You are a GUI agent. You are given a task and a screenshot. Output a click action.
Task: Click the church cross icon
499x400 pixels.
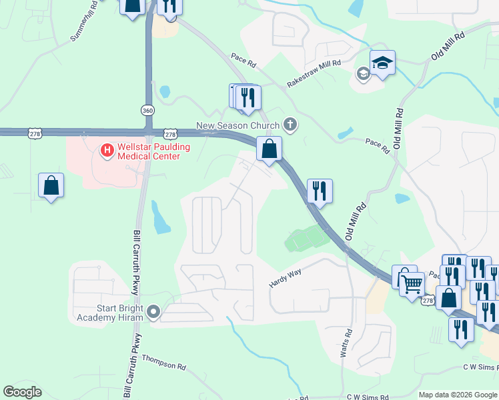(x=290, y=124)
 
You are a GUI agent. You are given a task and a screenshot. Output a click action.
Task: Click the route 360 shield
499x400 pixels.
(x=147, y=110)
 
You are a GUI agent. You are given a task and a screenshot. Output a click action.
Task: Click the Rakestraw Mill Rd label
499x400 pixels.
(x=314, y=73)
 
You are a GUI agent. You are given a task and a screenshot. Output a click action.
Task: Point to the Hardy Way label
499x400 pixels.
(x=286, y=277)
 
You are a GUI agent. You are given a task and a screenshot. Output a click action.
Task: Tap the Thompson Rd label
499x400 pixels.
(x=163, y=364)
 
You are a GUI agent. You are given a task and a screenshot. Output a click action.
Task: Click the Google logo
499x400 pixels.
(x=22, y=392)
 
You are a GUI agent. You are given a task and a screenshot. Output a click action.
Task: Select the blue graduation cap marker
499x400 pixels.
(x=382, y=63)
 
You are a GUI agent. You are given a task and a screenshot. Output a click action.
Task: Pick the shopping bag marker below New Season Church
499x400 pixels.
(x=270, y=149)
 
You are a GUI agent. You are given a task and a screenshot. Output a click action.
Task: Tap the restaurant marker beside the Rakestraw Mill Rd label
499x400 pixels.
(x=248, y=97)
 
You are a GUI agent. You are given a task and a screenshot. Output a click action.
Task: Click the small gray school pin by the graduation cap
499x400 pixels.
(x=363, y=73)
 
